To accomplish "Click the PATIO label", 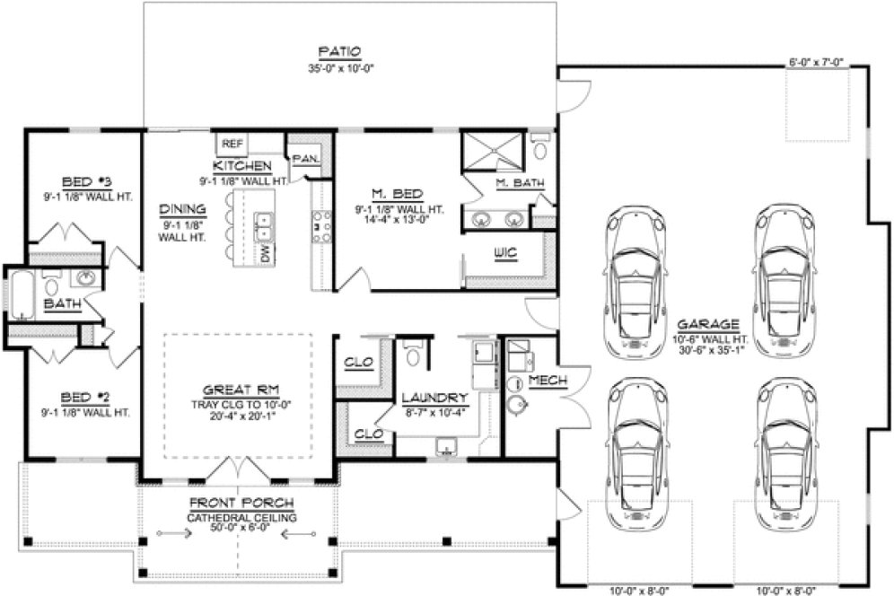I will [339, 52].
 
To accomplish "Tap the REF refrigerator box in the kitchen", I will [232, 144].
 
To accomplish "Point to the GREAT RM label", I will [238, 390].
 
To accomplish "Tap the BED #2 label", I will [85, 396].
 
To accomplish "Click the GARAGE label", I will [708, 325].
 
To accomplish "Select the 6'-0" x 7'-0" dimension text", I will [815, 63].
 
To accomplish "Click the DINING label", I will [184, 205].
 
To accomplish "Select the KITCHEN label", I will [242, 167].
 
